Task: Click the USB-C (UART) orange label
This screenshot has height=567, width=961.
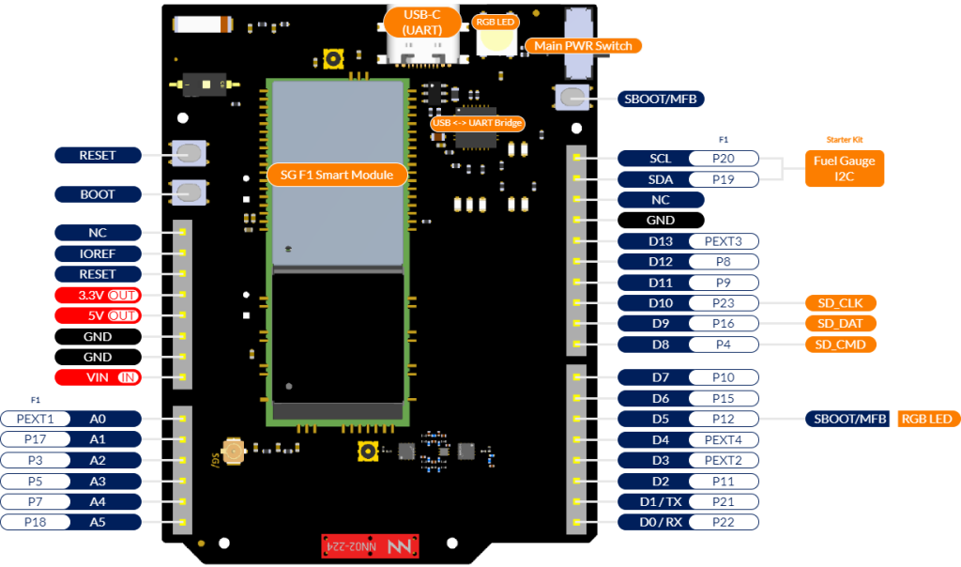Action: tap(421, 23)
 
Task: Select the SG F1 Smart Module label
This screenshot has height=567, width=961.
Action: tap(337, 175)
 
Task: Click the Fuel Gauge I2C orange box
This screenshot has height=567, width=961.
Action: tap(844, 168)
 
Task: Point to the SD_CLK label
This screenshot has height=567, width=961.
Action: tap(840, 302)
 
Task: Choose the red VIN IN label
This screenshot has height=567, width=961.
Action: tap(98, 377)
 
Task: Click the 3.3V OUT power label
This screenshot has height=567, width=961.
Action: tap(98, 295)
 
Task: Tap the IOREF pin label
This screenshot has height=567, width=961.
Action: tap(98, 253)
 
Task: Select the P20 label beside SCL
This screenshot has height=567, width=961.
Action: tap(723, 159)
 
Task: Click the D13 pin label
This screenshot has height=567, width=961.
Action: tap(661, 241)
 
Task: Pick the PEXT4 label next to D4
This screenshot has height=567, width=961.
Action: tap(723, 439)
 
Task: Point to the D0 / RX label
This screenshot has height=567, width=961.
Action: tap(661, 522)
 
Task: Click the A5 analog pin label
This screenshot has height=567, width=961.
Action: tap(98, 522)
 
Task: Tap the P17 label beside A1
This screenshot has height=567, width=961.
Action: tap(36, 439)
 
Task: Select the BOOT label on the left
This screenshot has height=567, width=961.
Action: tap(98, 194)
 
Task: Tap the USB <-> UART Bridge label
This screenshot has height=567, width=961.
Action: tap(477, 123)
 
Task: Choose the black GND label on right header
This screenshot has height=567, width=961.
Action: tap(661, 221)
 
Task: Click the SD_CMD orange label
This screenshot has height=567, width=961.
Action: tap(840, 344)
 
